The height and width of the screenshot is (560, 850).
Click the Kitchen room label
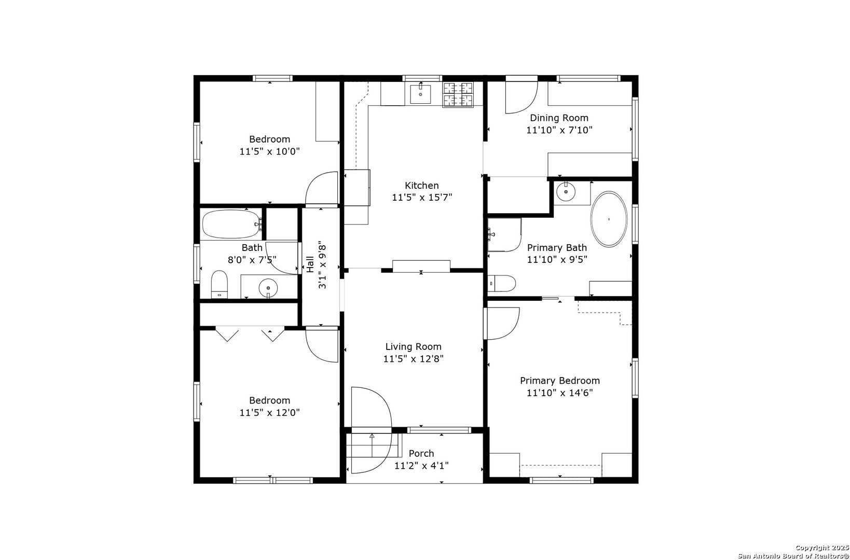click(421, 186)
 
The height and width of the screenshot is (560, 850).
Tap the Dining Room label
click(559, 118)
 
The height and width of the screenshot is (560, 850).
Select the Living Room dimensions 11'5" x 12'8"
click(413, 359)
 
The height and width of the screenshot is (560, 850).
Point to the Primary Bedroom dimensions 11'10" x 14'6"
click(560, 393)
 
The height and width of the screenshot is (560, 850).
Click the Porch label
click(421, 454)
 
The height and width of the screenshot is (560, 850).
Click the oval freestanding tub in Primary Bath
click(609, 219)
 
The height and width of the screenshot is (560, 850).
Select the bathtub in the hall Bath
click(231, 225)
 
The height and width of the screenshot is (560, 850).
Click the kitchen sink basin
click(420, 94)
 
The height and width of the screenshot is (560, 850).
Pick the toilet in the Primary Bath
click(502, 283)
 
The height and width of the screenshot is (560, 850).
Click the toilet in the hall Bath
click(219, 284)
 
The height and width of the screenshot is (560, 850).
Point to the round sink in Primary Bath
click(566, 192)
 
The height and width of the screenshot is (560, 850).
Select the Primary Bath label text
click(557, 247)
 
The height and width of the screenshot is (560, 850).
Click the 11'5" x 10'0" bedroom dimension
click(269, 151)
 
